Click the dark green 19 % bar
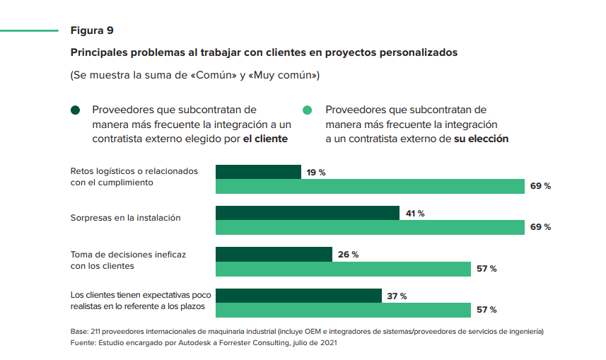click(x=258, y=172)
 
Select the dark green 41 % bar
click(x=308, y=213)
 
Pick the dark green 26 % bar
click(x=274, y=254)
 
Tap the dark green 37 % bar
click(x=298, y=296)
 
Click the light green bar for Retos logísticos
click(x=370, y=186)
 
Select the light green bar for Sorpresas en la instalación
click(x=370, y=227)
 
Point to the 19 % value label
click(x=316, y=172)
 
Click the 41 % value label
click(x=414, y=213)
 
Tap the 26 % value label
click(x=348, y=255)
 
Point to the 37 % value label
click(x=397, y=296)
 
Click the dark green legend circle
click(x=76, y=110)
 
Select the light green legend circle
click(x=308, y=110)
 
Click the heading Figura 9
click(x=92, y=30)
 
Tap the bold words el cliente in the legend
click(x=265, y=139)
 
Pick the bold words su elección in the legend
click(x=481, y=139)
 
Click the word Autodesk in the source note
click(x=194, y=343)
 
